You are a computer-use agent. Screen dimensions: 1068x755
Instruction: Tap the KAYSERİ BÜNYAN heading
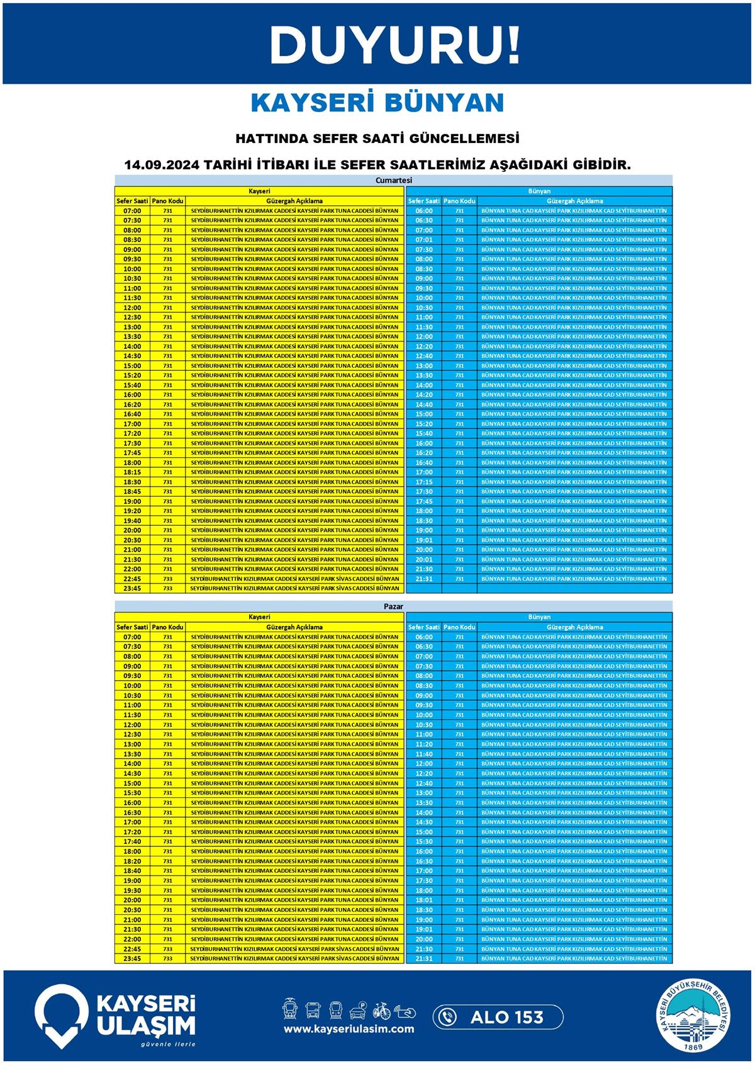[377, 103]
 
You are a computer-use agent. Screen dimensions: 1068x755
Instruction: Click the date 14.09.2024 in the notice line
[162, 165]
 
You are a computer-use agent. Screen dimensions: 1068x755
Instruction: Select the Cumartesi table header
[393, 180]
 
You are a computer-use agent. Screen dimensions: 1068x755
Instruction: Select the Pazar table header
[393, 606]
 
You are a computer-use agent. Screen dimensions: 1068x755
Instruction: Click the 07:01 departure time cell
[424, 240]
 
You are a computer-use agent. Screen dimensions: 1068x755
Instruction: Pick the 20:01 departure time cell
[424, 559]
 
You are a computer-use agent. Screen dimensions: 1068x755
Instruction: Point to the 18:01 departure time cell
[424, 900]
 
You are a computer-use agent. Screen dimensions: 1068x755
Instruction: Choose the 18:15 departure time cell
[132, 472]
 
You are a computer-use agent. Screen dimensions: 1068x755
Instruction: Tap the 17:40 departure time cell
[132, 841]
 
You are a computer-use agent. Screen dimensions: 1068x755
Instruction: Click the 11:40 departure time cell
[424, 754]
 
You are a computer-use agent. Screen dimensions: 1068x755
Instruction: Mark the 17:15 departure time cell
[424, 482]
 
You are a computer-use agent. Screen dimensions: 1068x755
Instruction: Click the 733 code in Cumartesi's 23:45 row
[167, 588]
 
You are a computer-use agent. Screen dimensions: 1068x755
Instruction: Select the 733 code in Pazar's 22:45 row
[167, 949]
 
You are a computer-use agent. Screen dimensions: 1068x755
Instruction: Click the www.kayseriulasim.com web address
[349, 1029]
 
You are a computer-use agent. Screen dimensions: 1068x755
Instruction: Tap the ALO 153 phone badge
[498, 1017]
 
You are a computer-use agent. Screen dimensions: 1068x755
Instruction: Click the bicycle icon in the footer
[381, 1011]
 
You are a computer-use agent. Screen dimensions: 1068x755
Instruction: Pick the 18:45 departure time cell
[132, 491]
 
